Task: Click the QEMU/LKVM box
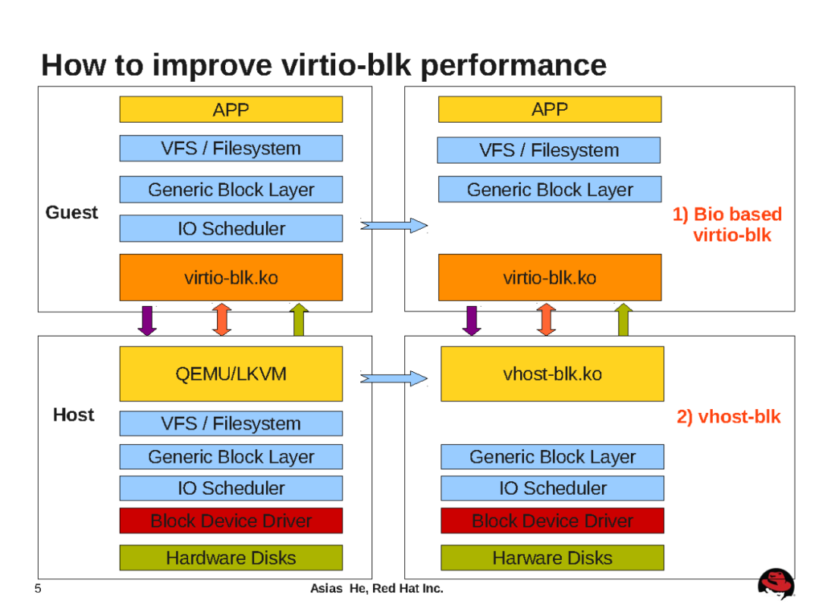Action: click(x=231, y=374)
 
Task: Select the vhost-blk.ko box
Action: click(x=552, y=374)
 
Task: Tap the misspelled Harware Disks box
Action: click(x=552, y=558)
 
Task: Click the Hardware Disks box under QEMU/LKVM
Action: click(x=231, y=558)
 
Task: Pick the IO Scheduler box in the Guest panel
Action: click(x=231, y=228)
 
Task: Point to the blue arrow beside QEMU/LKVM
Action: click(x=394, y=377)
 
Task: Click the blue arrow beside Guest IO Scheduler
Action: click(x=394, y=225)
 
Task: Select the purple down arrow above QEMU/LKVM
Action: click(x=146, y=320)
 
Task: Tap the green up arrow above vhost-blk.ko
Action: click(x=623, y=320)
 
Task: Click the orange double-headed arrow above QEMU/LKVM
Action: click(x=221, y=320)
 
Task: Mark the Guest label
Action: click(x=71, y=213)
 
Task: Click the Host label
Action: click(x=74, y=415)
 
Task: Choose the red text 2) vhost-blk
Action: click(x=728, y=417)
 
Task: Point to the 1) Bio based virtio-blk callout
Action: click(x=727, y=224)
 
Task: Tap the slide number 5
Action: click(x=37, y=589)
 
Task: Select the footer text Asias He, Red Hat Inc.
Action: click(x=377, y=589)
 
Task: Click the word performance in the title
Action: click(x=513, y=65)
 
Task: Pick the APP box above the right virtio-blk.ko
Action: click(x=550, y=109)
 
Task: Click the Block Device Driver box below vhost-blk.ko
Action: click(x=552, y=521)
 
